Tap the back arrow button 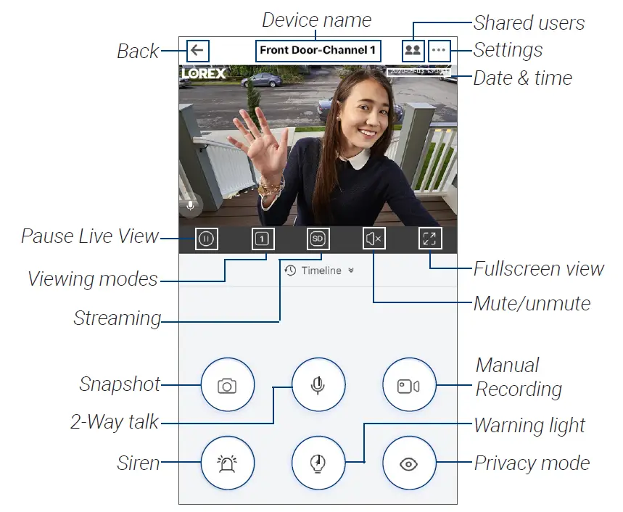coord(197,51)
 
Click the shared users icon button coord(413,51)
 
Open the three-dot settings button coord(440,51)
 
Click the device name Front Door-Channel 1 coord(318,51)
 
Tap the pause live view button coord(207,239)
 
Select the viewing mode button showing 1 coord(263,239)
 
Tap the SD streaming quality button coord(318,239)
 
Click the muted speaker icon coord(374,239)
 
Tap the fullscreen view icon coord(430,239)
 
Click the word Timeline coord(321,271)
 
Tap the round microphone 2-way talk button coord(318,385)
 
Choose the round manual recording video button coord(409,385)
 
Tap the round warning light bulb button coord(318,463)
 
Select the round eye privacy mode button coord(409,463)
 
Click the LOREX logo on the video coord(203,73)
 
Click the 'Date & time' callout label coord(522,78)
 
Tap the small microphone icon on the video coord(191,206)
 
